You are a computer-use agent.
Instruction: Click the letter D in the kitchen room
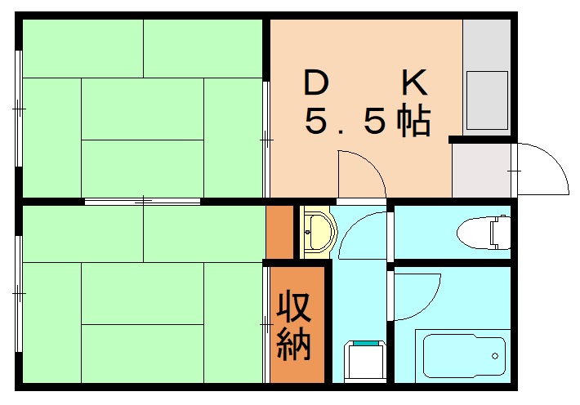tap(318, 83)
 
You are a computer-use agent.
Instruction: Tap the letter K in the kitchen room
tap(414, 83)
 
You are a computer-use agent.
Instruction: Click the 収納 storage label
tap(293, 327)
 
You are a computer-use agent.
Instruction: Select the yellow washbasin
tap(319, 232)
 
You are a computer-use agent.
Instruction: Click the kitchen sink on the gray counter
tap(487, 100)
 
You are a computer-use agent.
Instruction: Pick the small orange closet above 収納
tap(280, 232)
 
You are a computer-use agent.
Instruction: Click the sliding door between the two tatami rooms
tap(142, 200)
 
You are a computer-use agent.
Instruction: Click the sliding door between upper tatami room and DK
tap(266, 139)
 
